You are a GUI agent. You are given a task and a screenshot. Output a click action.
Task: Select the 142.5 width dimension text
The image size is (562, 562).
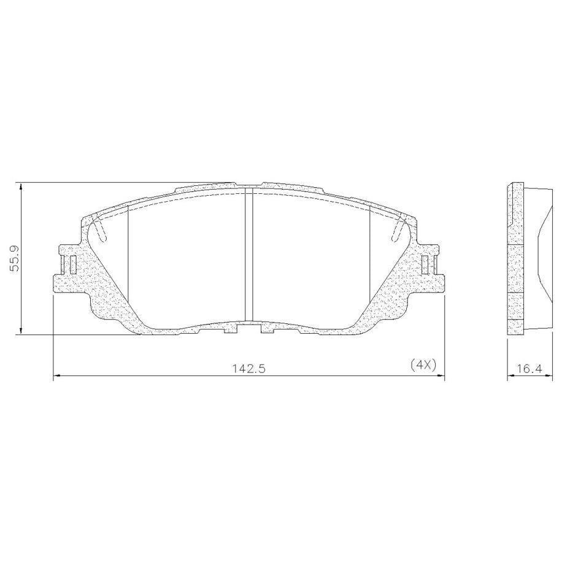pyautogui.click(x=248, y=368)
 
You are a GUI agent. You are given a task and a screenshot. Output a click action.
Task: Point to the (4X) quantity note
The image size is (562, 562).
pyautogui.click(x=423, y=365)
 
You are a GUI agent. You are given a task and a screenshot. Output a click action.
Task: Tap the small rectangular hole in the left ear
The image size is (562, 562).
pyautogui.click(x=73, y=264)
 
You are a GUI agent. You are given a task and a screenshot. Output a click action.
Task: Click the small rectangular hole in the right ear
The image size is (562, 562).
pyautogui.click(x=425, y=264)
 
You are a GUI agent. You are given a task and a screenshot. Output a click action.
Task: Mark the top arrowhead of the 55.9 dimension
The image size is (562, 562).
pyautogui.click(x=21, y=187)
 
